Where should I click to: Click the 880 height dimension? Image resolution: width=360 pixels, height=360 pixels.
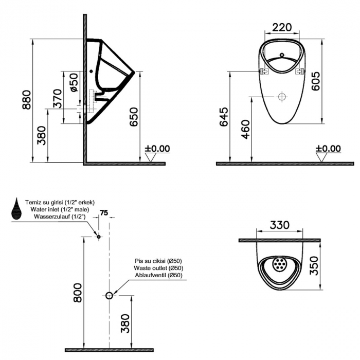click(26, 100)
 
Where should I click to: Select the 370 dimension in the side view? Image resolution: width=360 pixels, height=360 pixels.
click(58, 99)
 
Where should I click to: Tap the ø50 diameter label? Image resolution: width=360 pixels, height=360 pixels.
click(74, 82)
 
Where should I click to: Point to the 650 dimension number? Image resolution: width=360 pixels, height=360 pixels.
click(134, 117)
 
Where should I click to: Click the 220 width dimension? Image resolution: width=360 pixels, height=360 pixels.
click(282, 27)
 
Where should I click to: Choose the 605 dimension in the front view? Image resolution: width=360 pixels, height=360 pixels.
click(315, 81)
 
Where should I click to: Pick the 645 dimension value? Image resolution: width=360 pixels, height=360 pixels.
click(224, 117)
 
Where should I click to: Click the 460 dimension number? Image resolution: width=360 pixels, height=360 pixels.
click(245, 130)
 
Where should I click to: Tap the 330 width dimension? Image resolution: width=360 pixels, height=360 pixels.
click(279, 225)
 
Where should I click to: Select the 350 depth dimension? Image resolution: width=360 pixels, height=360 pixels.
click(314, 266)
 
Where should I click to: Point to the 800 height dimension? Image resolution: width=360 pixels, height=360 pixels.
click(77, 293)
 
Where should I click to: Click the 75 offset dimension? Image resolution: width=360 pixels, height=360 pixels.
click(104, 213)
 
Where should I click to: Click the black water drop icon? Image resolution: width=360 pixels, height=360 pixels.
click(16, 208)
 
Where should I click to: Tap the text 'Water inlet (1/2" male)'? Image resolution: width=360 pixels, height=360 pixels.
click(60, 209)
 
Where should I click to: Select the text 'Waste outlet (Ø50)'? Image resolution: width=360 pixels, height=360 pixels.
click(158, 268)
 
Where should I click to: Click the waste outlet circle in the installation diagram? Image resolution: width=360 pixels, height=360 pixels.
click(109, 296)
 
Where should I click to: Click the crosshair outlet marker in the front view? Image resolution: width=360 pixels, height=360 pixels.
click(282, 97)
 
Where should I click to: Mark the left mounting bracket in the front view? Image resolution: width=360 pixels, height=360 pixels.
click(265, 71)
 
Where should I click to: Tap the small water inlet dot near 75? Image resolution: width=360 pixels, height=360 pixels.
click(99, 237)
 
